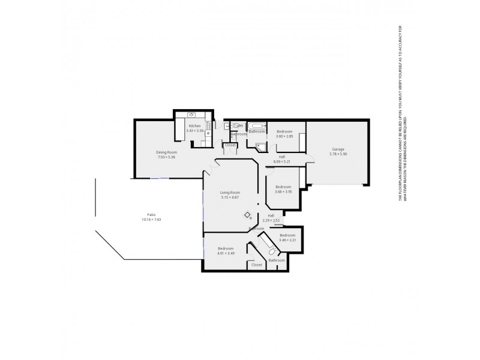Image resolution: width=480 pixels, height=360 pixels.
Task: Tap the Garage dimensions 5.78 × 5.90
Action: tap(338, 154)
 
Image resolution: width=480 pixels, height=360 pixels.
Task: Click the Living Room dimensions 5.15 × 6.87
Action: tap(230, 197)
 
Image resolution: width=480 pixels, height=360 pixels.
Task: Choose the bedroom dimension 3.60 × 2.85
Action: tap(284, 136)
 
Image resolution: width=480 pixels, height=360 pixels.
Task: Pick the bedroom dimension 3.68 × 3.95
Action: tap(283, 191)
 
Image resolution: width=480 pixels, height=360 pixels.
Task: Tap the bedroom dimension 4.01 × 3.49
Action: tap(226, 253)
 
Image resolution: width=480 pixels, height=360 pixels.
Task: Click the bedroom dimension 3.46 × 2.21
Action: tap(287, 240)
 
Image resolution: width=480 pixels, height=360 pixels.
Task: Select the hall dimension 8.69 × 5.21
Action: tap(282, 161)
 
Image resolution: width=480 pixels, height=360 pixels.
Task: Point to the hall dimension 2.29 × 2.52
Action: tap(271, 220)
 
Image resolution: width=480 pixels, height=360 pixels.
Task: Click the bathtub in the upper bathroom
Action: tap(257, 125)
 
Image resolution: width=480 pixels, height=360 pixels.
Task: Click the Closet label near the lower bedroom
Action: tap(257, 265)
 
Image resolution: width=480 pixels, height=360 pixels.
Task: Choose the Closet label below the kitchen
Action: tap(230, 145)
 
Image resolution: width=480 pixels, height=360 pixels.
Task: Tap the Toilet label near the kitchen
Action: tap(238, 125)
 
